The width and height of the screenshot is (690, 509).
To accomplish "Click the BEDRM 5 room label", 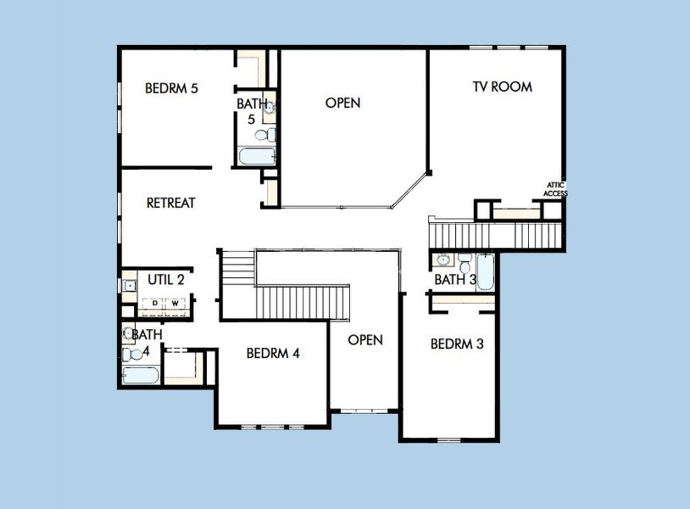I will point(171,87).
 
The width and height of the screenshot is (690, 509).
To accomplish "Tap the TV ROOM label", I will point(502,86).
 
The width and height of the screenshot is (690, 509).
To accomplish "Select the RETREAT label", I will point(170,203).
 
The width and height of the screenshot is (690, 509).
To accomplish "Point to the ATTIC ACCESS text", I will point(555,189).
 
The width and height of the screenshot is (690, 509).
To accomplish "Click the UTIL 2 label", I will point(166,278).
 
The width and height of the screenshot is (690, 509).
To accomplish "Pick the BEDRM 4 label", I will point(273,353).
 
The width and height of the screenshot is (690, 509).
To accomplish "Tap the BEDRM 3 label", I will point(457,344).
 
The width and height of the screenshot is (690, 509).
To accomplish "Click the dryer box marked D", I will point(155,303).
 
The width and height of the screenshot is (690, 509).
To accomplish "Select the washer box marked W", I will point(175,303).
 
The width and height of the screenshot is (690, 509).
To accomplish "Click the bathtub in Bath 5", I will point(256,156).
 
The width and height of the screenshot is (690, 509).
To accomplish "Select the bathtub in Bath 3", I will point(484,272).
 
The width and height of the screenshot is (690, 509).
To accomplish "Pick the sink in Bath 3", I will point(443,259).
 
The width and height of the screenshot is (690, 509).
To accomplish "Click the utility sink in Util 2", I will point(129,286).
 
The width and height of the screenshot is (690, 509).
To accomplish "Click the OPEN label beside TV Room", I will point(342,103).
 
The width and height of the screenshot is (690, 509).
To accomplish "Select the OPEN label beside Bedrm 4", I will point(365,339).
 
